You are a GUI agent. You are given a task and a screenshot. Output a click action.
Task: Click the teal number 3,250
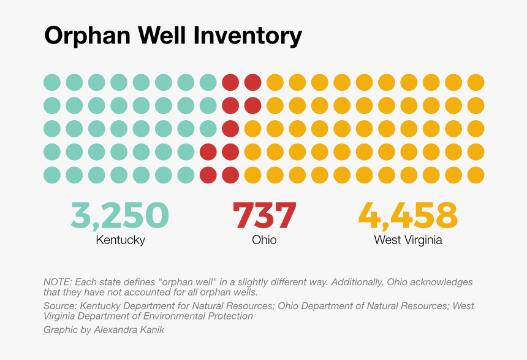(120, 215)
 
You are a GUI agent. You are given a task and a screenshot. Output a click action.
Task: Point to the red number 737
(264, 215)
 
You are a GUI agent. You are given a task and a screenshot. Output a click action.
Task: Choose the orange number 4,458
(408, 215)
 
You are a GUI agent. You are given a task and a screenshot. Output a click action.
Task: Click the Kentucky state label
(120, 240)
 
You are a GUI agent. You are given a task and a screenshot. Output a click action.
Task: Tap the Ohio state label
(264, 240)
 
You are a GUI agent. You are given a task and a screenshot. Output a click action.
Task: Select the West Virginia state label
(408, 240)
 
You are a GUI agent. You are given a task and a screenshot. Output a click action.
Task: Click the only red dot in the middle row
(230, 128)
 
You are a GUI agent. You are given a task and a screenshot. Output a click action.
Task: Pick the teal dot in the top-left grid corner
(52, 82)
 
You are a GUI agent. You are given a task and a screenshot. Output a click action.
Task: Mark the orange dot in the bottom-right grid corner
(476, 175)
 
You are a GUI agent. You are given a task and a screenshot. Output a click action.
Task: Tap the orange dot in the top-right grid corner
(476, 82)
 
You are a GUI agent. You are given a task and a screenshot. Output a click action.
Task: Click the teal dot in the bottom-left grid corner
(52, 175)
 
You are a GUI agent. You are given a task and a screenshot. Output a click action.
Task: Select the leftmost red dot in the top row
(230, 82)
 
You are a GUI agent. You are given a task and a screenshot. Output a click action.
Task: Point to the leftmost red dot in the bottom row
(208, 175)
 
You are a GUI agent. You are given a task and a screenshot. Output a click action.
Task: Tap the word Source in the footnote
(58, 306)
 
